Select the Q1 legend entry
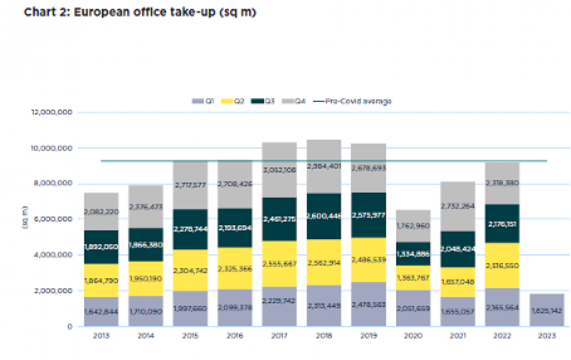click(x=203, y=101)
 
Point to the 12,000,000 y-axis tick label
click(x=51, y=112)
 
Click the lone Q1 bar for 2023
click(x=546, y=310)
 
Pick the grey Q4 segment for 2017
click(x=279, y=170)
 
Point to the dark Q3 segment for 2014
click(x=145, y=245)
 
